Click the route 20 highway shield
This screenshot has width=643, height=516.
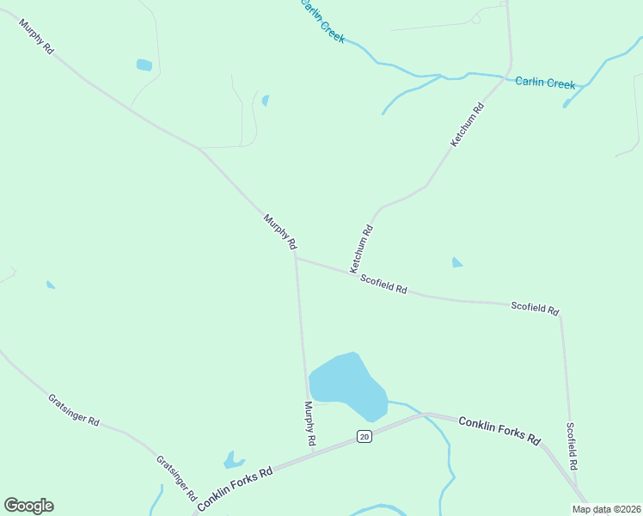click(x=364, y=436)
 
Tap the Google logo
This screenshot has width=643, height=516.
click(x=29, y=506)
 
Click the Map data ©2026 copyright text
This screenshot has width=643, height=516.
click(x=607, y=509)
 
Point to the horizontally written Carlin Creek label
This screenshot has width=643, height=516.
click(x=545, y=83)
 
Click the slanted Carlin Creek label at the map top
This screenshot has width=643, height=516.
click(x=321, y=21)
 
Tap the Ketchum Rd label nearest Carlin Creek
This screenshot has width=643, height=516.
click(x=468, y=124)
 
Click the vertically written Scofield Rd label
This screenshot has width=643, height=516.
click(x=572, y=445)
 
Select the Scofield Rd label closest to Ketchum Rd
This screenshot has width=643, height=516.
click(x=383, y=284)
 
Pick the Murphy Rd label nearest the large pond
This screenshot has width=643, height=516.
click(x=309, y=423)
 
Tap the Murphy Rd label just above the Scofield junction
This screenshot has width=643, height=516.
click(x=280, y=232)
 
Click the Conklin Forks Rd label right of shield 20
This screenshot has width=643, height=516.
click(x=499, y=430)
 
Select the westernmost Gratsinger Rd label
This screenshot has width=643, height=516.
click(x=74, y=411)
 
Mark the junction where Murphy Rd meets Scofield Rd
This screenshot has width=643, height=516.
click(x=295, y=255)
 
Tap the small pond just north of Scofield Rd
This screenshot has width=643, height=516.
click(x=456, y=262)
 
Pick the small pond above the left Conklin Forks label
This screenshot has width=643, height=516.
click(x=233, y=460)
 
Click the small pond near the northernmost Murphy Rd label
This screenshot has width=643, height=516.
click(x=144, y=64)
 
